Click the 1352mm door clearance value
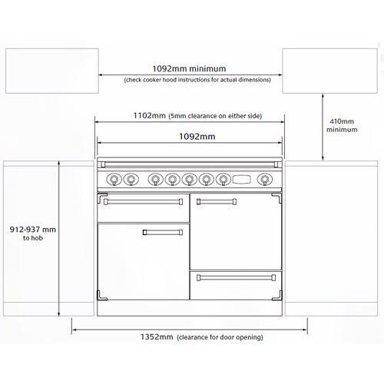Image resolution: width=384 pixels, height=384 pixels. [156, 337]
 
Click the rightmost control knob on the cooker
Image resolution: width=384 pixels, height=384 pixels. [265, 180]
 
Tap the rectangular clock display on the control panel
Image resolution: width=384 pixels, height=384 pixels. [241, 180]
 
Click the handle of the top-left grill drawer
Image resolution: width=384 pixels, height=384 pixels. [144, 201]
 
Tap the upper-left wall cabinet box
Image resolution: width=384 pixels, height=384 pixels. [51, 70]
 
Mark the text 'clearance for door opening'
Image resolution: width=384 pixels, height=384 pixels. [220, 338]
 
